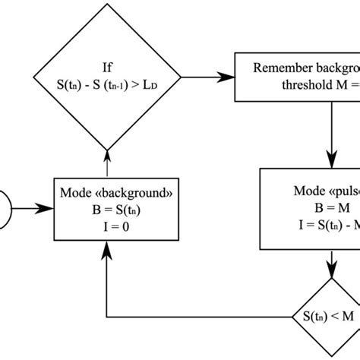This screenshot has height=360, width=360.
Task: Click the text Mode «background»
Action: pos(106,189)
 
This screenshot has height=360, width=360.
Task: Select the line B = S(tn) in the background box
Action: pos(106,206)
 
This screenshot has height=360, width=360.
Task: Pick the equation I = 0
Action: pos(106,221)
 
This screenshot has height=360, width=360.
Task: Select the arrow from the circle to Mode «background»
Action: pos(35,204)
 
